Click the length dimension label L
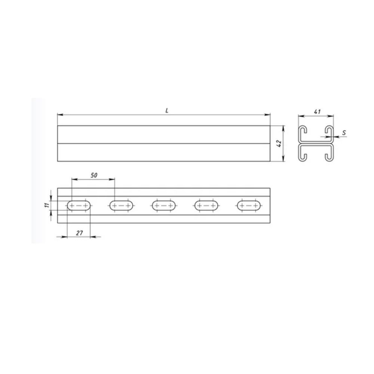[x=167, y=110]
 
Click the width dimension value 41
[x=317, y=111]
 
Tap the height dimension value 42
[x=279, y=143]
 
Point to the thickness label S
[x=344, y=133]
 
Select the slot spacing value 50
[x=94, y=175]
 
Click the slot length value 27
[x=79, y=233]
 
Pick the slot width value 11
[x=47, y=205]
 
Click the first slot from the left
[x=79, y=206]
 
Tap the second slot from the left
[x=122, y=206]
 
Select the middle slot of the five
[x=164, y=206]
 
